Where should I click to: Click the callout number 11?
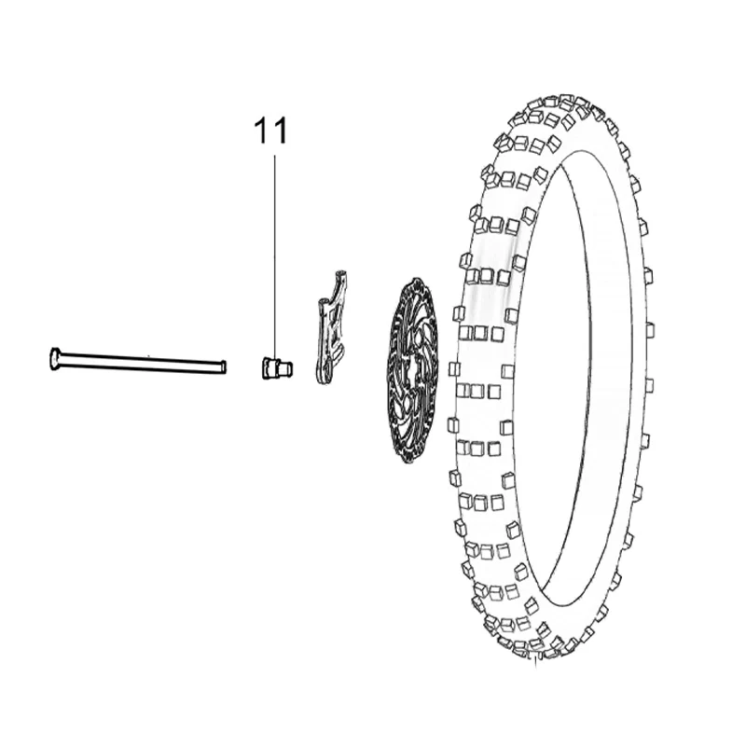pos(271,131)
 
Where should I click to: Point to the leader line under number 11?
pos(274,257)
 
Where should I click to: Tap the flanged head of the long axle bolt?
pos(54,358)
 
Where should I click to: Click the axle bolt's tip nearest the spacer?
pos(224,366)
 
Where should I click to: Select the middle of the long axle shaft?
pos(138,362)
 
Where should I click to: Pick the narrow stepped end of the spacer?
pos(287,368)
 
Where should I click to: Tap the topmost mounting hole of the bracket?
pos(341,273)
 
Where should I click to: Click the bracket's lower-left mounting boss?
pos(323,302)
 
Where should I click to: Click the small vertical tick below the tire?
pos(536,660)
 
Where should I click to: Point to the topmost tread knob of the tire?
pos(566,99)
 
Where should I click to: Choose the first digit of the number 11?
pos(263,131)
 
